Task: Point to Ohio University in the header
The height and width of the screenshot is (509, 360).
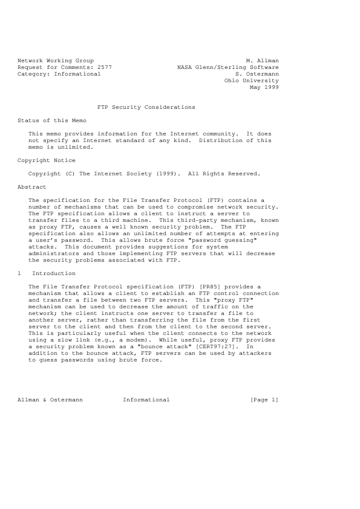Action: (251, 80)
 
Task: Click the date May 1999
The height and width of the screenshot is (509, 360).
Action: (264, 87)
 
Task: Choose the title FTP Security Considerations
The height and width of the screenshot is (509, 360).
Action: (146, 107)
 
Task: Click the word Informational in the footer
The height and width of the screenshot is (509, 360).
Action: (146, 400)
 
